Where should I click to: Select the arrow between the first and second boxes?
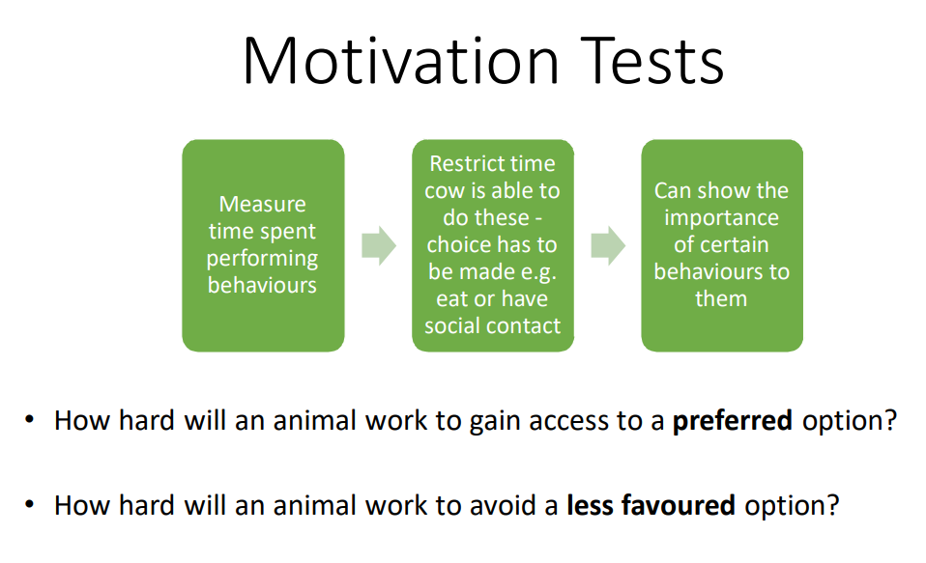(379, 245)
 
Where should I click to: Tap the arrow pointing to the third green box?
(608, 245)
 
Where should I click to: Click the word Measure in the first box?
(263, 204)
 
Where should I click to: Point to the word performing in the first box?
(262, 259)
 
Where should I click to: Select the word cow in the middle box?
(440, 191)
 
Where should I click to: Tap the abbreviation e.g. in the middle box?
(538, 272)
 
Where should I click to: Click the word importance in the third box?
(722, 218)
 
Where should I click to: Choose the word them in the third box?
(721, 298)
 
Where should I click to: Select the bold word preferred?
(733, 421)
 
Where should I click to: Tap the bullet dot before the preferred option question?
(30, 420)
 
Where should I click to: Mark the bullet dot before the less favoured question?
(30, 504)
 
